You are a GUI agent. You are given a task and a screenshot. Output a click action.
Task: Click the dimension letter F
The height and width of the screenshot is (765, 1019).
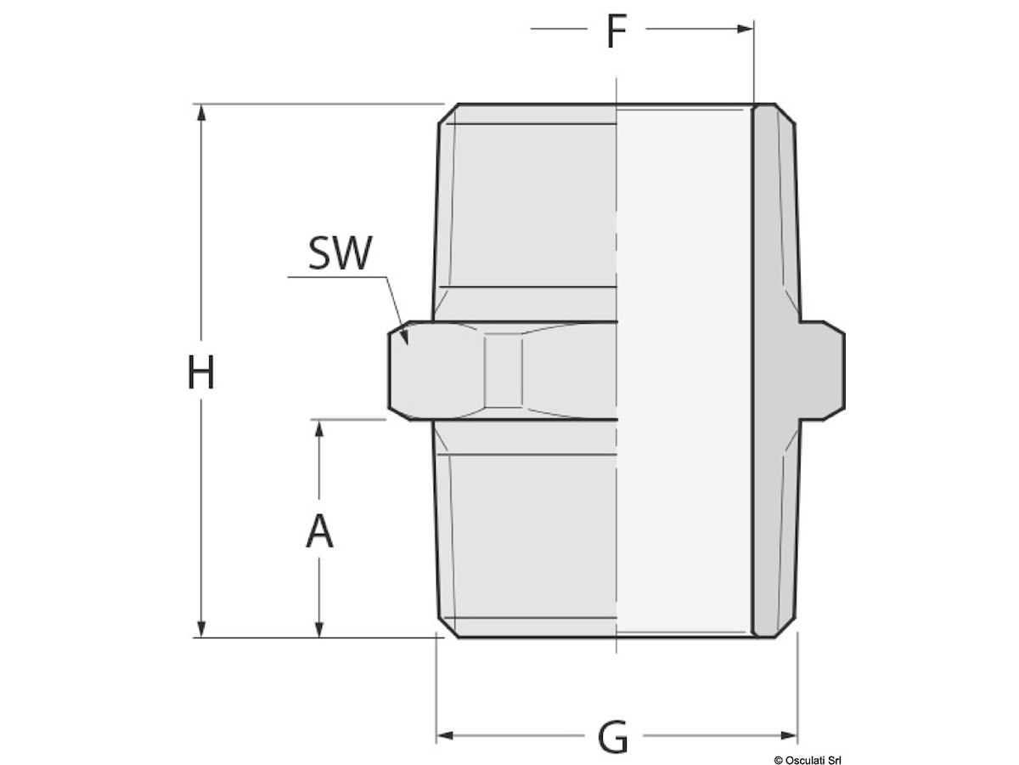(616, 31)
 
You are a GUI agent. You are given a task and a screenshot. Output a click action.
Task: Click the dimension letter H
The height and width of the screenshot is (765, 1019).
(200, 371)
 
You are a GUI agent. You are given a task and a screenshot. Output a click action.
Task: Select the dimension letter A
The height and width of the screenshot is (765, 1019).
(319, 531)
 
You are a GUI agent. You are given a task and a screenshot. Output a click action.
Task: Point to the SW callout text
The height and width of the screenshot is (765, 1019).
(341, 252)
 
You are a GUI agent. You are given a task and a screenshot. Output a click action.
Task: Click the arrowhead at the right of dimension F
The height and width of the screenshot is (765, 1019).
(745, 29)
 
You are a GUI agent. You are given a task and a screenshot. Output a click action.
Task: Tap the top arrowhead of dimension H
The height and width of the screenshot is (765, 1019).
(201, 113)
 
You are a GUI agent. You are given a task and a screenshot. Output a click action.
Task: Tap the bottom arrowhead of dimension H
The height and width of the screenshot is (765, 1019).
(201, 628)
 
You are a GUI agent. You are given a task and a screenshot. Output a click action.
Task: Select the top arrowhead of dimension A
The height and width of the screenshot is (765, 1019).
(319, 428)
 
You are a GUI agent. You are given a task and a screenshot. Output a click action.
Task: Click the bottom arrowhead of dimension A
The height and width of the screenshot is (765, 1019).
(319, 628)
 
